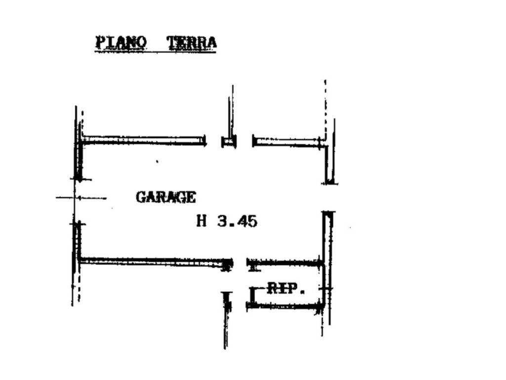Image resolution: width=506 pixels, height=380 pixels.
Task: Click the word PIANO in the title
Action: pyautogui.click(x=121, y=43)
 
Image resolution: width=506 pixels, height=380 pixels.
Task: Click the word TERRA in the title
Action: pyautogui.click(x=191, y=43)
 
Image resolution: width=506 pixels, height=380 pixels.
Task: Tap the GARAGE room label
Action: pyautogui.click(x=166, y=197)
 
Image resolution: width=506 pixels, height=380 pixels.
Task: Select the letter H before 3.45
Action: pyautogui.click(x=202, y=221)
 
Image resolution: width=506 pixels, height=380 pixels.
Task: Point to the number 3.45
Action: pyautogui.click(x=237, y=222)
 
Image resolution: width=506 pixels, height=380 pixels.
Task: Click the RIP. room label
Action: pyautogui.click(x=286, y=288)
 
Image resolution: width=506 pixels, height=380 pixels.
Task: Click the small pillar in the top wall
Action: pyautogui.click(x=229, y=142)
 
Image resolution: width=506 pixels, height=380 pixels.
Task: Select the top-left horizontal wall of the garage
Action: pyautogui.click(x=144, y=141)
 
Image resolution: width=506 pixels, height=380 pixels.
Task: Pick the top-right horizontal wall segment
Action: pyautogui.click(x=287, y=142)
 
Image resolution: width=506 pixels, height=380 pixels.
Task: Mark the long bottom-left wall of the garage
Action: pyautogui.click(x=154, y=262)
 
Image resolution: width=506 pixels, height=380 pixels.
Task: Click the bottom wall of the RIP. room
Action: pyautogui.click(x=285, y=305)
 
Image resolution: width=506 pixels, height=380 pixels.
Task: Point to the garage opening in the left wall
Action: pyautogui.click(x=75, y=201)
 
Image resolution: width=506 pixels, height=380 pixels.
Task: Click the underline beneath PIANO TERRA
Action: pyautogui.click(x=156, y=51)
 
